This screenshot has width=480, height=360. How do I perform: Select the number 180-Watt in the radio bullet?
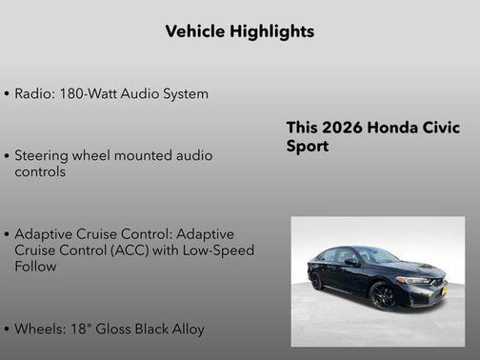coord(88,94)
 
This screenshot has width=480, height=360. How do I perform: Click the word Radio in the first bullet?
coord(34,94)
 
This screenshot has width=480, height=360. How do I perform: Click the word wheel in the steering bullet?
coord(100,155)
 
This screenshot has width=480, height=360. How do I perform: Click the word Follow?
coord(36,267)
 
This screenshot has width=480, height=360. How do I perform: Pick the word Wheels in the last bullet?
coord(40,330)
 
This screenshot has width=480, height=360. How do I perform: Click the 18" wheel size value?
coord(84,330)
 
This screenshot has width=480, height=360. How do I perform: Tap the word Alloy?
coord(186,330)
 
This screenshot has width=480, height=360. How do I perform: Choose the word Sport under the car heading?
coord(308,148)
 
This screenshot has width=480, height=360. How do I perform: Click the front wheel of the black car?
coord(383,296)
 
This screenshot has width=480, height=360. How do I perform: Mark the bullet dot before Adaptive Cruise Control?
coord(8,234)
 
